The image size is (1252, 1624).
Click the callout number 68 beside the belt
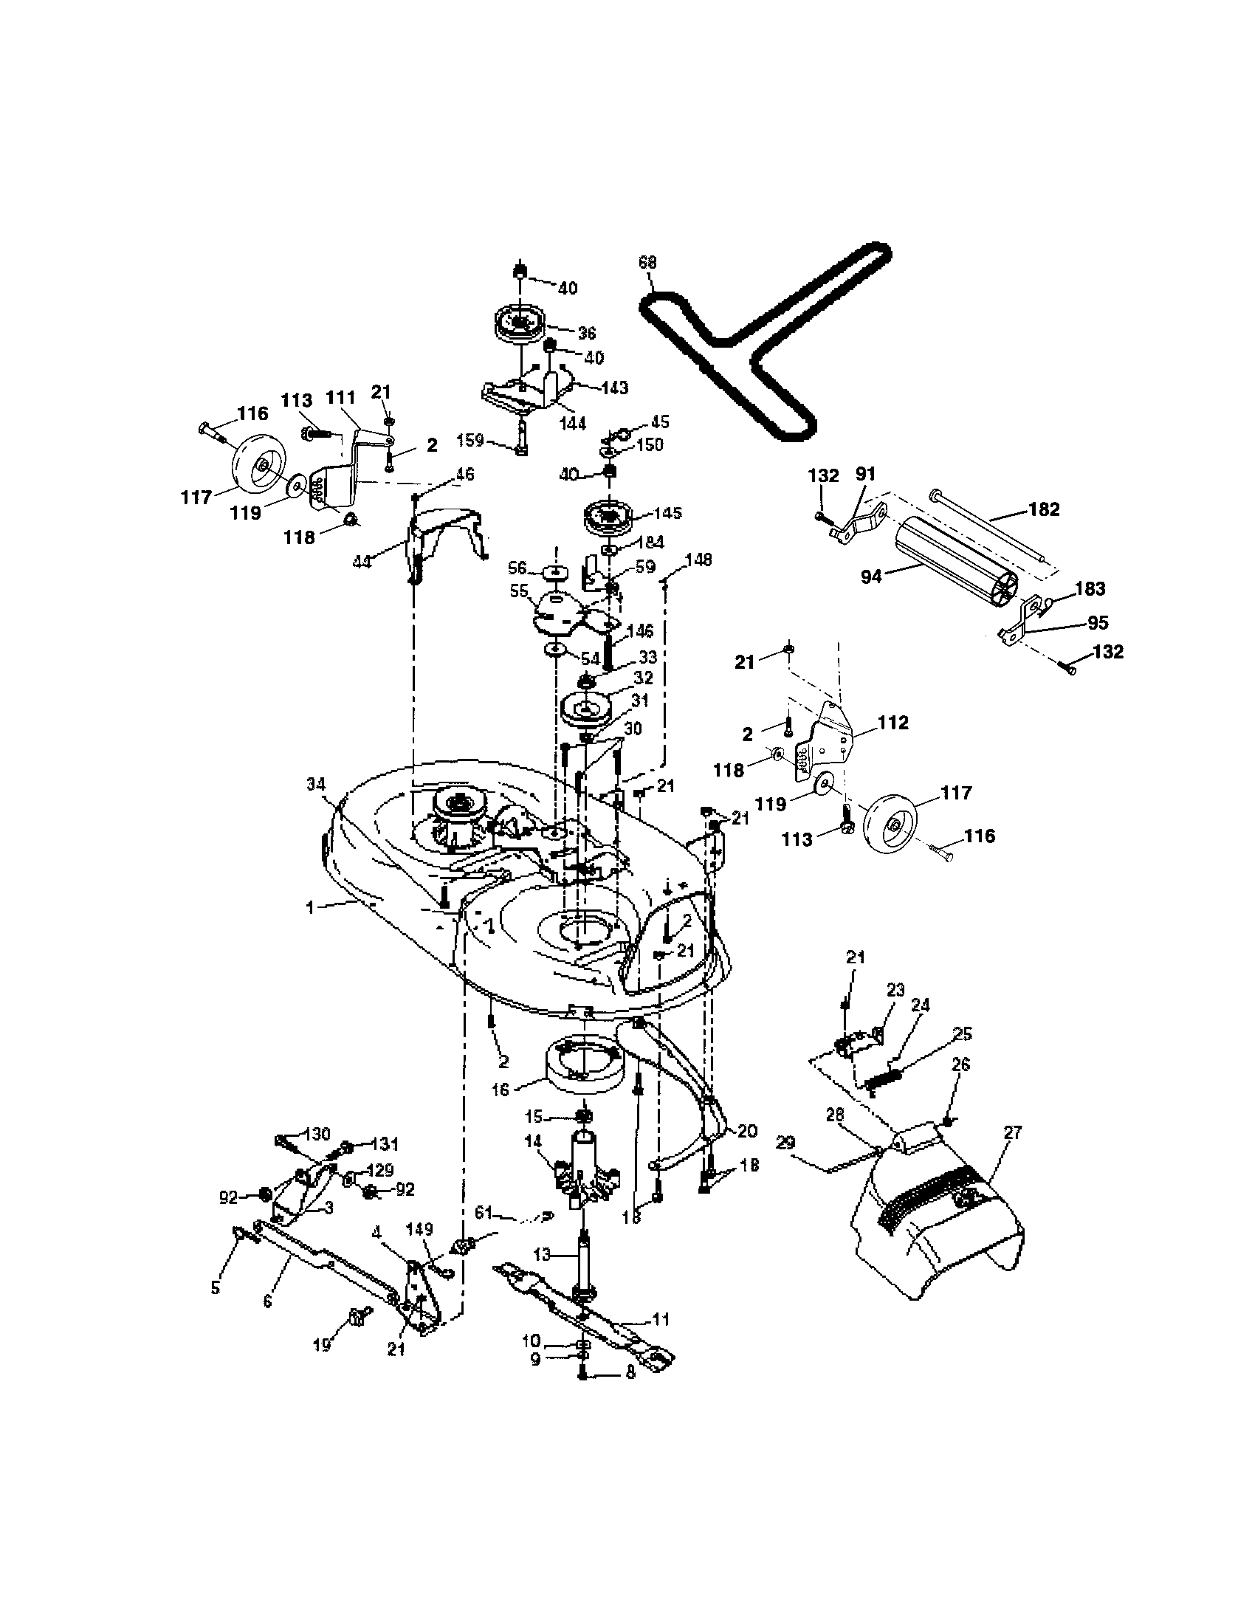pos(647,263)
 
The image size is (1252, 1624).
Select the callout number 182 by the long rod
pos(1044,509)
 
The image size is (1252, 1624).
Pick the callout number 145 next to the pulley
pos(666,514)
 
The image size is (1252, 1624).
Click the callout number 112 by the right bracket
pos(892,722)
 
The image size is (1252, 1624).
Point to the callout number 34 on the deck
pos(316,783)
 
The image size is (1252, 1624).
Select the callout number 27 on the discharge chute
pos(1012,1132)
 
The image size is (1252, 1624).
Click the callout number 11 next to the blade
pos(660,1319)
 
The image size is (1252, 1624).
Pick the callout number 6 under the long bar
pos(268,1301)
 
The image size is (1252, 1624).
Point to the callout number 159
pos(471,440)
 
